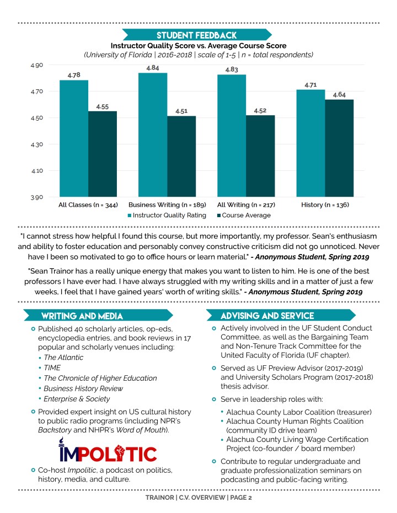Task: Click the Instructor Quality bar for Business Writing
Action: point(153,134)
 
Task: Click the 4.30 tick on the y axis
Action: point(36,144)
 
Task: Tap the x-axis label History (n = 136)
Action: point(325,206)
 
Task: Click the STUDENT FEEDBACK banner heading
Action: point(196,35)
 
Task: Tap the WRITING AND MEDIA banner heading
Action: point(82,316)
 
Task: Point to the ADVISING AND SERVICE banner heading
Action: point(267,316)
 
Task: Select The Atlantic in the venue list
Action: point(63,357)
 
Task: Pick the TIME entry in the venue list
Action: point(52,368)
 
